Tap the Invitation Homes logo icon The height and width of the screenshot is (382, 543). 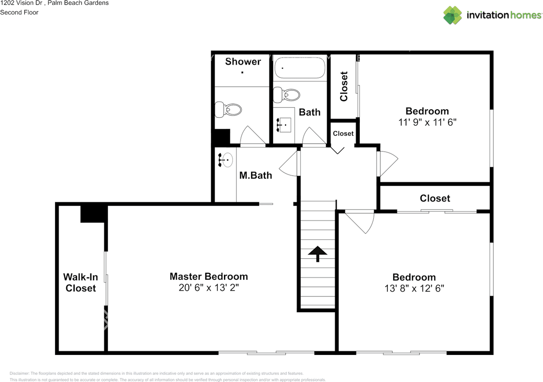click(x=453, y=15)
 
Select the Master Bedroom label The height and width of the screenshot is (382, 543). click(x=209, y=277)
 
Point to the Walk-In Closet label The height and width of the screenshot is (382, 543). click(x=81, y=282)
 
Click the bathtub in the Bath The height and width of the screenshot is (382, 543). click(x=299, y=68)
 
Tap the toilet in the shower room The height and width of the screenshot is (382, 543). click(x=228, y=110)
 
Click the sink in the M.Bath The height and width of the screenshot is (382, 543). click(x=226, y=160)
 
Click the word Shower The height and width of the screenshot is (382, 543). click(x=243, y=62)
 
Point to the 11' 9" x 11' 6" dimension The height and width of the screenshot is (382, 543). click(x=427, y=122)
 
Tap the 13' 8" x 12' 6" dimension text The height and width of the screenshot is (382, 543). click(x=414, y=288)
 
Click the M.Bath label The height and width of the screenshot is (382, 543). click(x=255, y=175)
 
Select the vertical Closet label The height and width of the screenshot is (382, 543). click(x=344, y=86)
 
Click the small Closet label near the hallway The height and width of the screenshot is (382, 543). click(x=343, y=133)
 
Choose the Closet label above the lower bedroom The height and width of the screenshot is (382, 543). click(x=434, y=198)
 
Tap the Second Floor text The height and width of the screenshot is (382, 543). click(x=19, y=12)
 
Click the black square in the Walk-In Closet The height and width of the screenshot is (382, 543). click(x=93, y=213)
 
